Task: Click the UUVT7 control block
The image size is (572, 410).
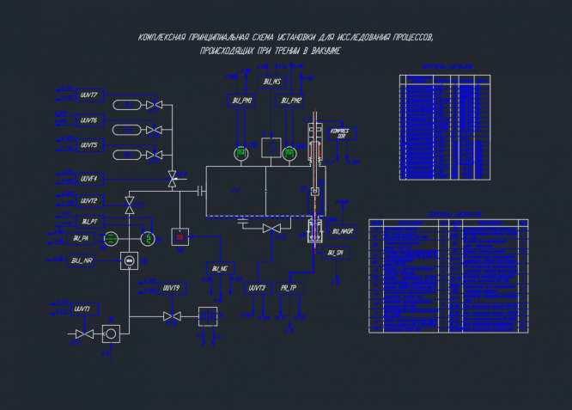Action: point(88,95)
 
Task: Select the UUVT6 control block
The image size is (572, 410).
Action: point(88,120)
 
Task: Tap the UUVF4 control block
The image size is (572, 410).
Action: point(88,179)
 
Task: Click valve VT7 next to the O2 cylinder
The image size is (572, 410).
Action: point(155,105)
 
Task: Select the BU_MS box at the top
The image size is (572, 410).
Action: point(272,82)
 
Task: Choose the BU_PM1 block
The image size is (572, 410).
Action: point(242,101)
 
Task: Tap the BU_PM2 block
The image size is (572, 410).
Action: point(291,101)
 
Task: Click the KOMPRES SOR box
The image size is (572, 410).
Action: point(341,134)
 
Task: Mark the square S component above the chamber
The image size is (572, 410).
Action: point(271,147)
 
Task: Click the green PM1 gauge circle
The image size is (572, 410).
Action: point(241,154)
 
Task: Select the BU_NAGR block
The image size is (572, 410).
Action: point(341,231)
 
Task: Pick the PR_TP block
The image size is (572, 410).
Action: point(288,287)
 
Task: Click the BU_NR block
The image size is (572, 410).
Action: point(82,260)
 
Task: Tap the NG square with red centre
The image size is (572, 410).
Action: point(180,236)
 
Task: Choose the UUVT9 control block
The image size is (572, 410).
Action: point(171,287)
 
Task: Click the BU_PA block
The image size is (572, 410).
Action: point(82,238)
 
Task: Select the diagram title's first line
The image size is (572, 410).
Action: point(286,39)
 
